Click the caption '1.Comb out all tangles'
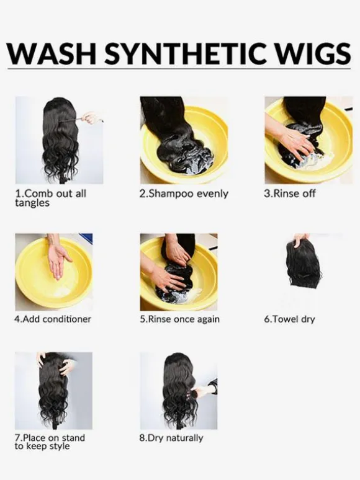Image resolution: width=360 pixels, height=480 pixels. (50, 198)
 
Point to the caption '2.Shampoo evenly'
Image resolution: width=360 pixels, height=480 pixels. (184, 194)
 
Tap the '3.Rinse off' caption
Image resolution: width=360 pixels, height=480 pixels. (289, 193)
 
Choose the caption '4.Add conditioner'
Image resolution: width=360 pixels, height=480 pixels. (53, 319)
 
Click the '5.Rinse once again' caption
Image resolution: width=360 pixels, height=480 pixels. (180, 319)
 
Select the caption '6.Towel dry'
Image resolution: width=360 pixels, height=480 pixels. (289, 319)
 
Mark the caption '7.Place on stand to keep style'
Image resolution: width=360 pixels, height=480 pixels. (50, 442)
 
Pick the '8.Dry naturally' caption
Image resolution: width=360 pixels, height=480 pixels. (171, 438)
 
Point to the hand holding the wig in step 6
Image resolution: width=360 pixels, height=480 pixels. (301, 240)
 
